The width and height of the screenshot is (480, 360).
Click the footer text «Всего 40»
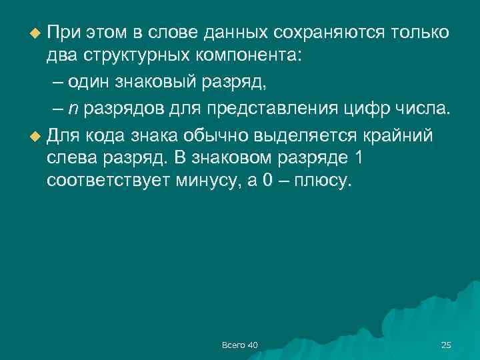(239, 344)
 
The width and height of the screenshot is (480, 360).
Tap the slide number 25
(446, 344)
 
